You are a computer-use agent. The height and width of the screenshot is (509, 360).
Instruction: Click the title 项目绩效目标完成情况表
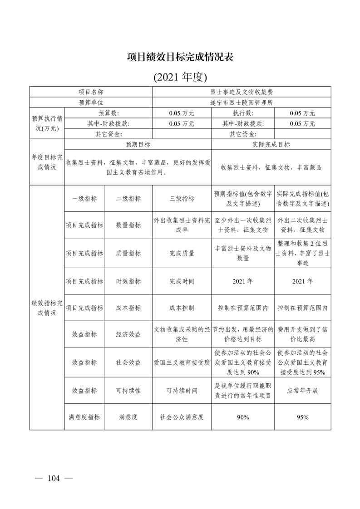(x=180, y=57)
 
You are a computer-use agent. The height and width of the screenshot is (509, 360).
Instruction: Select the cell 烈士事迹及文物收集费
(x=242, y=92)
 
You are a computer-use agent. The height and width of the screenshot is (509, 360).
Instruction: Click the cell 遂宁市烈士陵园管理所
(x=242, y=103)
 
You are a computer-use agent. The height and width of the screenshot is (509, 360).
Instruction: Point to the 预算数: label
(x=108, y=113)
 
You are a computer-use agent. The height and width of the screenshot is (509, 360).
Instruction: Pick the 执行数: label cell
(x=243, y=113)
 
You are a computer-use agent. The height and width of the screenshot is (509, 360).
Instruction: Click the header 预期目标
(x=138, y=145)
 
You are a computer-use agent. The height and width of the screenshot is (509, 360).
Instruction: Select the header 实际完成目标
(x=271, y=145)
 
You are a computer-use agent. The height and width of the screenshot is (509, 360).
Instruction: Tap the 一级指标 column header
(x=84, y=198)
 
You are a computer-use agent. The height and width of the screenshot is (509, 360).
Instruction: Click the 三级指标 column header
(x=182, y=198)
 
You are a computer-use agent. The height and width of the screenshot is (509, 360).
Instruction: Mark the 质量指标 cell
(x=128, y=253)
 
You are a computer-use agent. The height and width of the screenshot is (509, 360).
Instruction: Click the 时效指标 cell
(x=128, y=281)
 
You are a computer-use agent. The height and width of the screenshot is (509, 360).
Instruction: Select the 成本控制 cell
(x=182, y=308)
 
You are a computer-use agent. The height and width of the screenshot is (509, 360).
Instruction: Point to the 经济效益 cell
(x=128, y=334)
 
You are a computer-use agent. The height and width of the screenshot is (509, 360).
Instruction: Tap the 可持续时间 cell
(x=182, y=390)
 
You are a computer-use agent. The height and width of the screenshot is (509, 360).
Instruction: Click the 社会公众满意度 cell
(x=182, y=417)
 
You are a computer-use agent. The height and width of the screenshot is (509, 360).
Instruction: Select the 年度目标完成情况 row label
(x=47, y=162)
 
